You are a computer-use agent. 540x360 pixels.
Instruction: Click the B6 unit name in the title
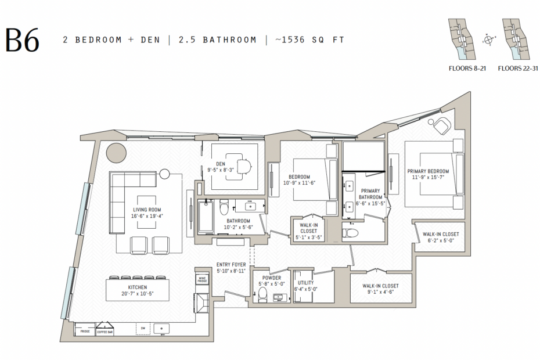pos(23,40)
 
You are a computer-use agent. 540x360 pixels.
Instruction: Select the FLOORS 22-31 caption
pos(517,68)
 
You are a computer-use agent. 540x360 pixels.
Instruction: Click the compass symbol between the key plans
pos(491,40)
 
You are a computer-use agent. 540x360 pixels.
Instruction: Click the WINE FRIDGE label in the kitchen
pos(201,280)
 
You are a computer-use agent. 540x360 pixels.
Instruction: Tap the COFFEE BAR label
pos(105,332)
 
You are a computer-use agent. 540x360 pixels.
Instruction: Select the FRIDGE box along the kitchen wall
pos(84,331)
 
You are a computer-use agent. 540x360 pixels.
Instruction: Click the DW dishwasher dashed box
pos(143,329)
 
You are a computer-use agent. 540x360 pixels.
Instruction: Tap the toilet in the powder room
pos(262,295)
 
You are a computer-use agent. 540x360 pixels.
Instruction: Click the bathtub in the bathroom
pos(206,217)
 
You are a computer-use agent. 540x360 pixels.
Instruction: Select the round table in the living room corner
pos(116,152)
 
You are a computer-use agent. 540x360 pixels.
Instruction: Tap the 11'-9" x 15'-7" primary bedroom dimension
pos(428,178)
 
